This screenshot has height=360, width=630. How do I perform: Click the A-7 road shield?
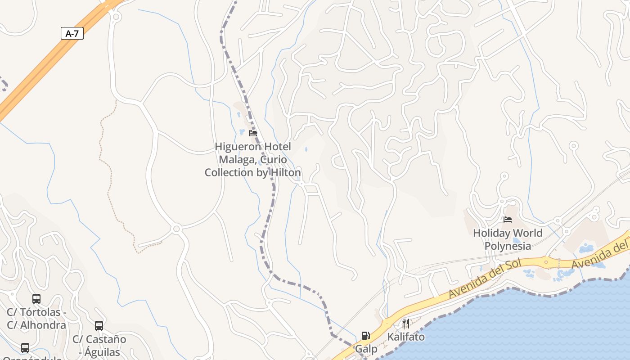(x=72, y=33)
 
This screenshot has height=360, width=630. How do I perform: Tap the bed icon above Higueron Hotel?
(x=253, y=133)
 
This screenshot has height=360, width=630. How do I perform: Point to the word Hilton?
(x=285, y=172)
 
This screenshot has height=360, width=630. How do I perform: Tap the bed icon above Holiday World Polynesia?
(x=508, y=220)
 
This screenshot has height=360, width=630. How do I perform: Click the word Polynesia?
(x=508, y=246)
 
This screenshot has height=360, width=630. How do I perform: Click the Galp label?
(x=366, y=349)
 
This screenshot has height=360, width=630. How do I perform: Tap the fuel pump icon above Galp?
(x=366, y=336)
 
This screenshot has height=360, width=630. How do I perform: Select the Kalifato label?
(x=406, y=337)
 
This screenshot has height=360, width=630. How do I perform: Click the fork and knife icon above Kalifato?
(x=406, y=323)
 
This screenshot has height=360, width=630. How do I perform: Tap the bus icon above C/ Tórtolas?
(x=36, y=299)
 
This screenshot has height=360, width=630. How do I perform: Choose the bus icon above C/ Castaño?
(x=99, y=326)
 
